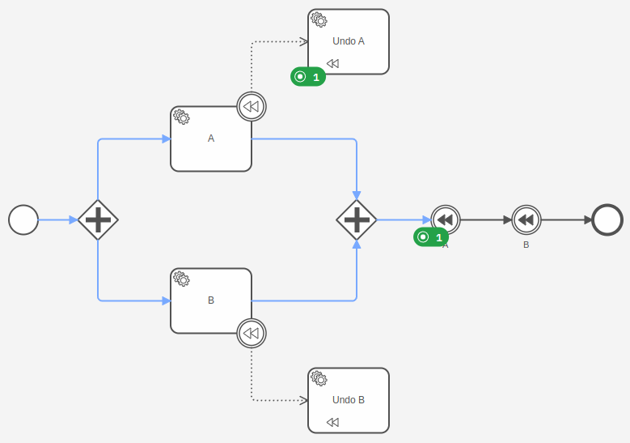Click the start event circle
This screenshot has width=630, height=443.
coord(23,219)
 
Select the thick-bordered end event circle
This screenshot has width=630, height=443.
coord(607,219)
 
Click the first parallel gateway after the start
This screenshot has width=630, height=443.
coord(98,219)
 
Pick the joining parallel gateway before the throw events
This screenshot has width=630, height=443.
coord(357,219)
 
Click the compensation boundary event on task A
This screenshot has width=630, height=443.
coord(252,106)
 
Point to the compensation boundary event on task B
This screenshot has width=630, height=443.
coord(252,333)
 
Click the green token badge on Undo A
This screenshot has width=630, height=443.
coord(308,77)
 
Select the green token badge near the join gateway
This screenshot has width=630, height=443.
coord(431,237)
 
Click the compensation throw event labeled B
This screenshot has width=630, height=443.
coord(526,219)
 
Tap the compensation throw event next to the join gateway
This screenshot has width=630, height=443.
coord(446,219)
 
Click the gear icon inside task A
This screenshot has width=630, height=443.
coord(182,117)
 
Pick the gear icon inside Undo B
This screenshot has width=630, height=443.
coord(319,378)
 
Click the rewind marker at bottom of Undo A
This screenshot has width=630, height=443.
coord(332,63)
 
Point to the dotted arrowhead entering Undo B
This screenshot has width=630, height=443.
coord(304,400)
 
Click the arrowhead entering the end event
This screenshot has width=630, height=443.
coord(588,219)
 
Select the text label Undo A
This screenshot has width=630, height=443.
coord(349,40)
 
